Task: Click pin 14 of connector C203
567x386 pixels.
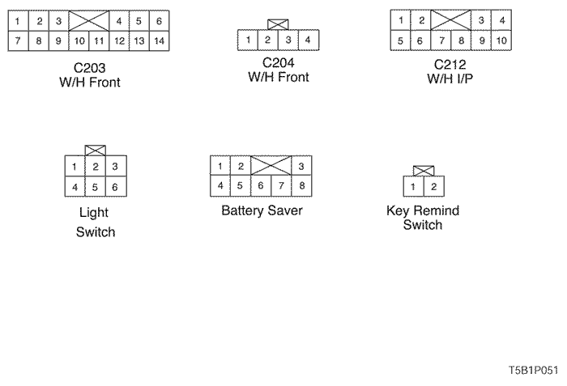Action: pos(160,39)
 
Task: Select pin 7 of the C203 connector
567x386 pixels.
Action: pos(18,39)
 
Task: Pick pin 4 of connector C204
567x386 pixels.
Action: pos(308,40)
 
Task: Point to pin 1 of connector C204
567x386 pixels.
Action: pos(247,40)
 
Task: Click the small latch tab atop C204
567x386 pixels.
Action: pos(277,25)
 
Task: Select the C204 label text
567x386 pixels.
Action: pos(278,63)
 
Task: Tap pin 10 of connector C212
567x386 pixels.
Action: pos(502,40)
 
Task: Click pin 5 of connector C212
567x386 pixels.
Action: pos(400,40)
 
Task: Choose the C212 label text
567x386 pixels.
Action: pos(450,64)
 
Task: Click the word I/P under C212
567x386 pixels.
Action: pos(463,78)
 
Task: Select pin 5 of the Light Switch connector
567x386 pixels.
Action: pos(95,187)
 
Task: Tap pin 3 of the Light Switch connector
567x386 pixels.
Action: pos(115,167)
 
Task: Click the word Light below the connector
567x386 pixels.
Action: pos(94,213)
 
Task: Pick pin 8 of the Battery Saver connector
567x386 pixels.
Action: pos(301,185)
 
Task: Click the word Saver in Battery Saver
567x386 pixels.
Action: pos(283,210)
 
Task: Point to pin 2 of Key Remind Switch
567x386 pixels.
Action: pos(434,187)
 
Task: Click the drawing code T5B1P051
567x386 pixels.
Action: pos(533,371)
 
